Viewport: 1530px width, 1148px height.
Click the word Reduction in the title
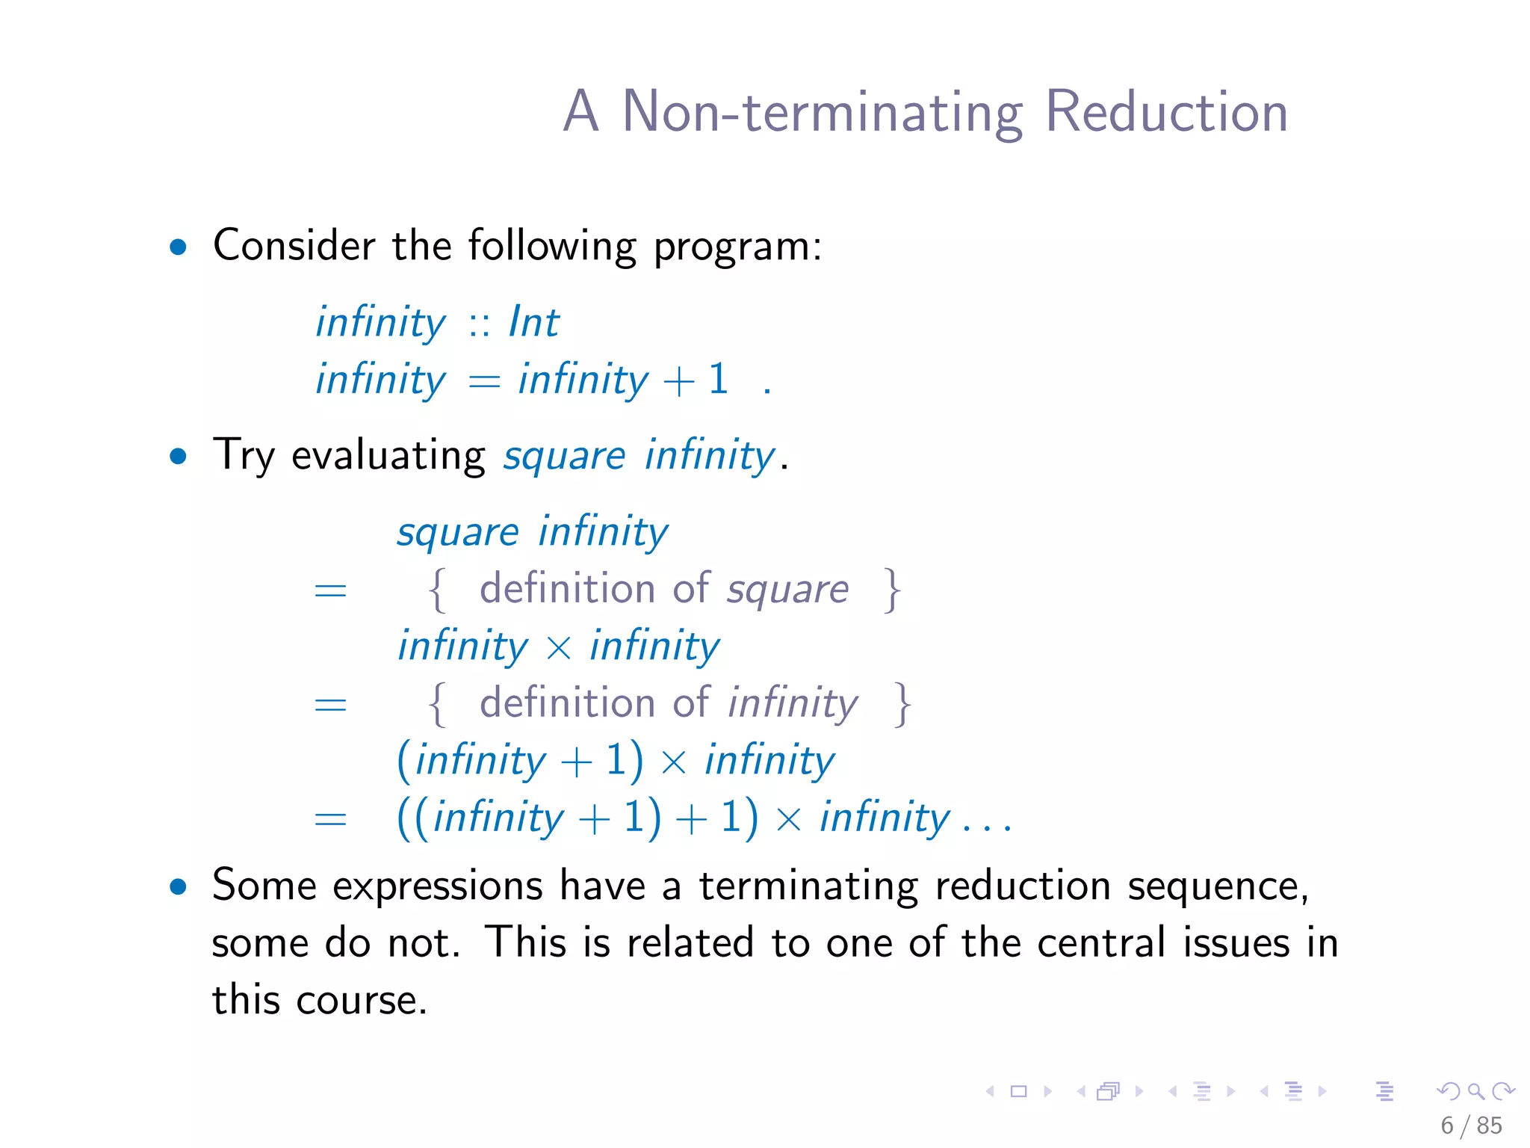click(x=1165, y=112)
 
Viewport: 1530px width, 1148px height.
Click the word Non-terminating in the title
click(x=822, y=112)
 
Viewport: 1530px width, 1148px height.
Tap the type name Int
click(x=533, y=323)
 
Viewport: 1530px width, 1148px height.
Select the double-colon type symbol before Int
click(x=479, y=324)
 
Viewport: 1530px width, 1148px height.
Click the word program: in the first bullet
click(x=737, y=247)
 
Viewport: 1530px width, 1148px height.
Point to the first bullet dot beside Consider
click(x=178, y=247)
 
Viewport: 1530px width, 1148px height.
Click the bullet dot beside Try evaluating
click(x=178, y=456)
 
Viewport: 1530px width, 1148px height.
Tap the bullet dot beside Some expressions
click(x=178, y=887)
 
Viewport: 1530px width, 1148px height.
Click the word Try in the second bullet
click(x=244, y=456)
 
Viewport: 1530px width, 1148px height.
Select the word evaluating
click(x=388, y=456)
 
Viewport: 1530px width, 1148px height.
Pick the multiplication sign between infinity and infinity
click(x=559, y=648)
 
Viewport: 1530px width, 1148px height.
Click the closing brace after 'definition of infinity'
click(x=903, y=704)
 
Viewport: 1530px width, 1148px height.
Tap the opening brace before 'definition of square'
click(x=438, y=590)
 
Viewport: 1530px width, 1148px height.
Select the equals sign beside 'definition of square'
click(x=330, y=591)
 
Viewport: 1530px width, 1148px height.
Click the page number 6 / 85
click(x=1471, y=1126)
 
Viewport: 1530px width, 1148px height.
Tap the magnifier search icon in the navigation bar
click(x=1475, y=1091)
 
